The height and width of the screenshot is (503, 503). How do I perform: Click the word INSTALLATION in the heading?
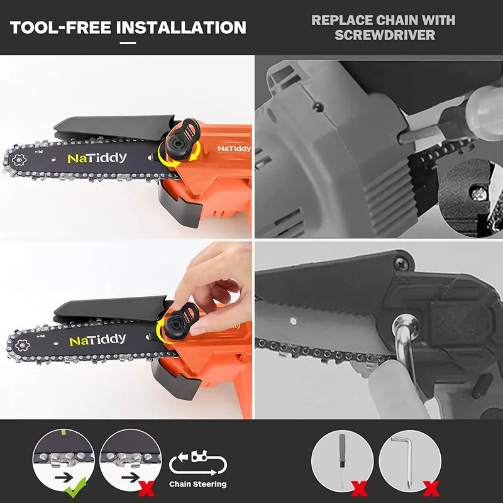(181, 28)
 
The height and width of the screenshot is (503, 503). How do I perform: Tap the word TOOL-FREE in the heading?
(60, 28)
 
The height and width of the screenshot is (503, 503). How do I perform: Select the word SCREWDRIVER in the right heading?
(385, 35)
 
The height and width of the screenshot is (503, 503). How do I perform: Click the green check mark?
(75, 487)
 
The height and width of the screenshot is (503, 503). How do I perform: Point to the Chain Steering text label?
(197, 484)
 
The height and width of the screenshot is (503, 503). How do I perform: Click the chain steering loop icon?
(198, 463)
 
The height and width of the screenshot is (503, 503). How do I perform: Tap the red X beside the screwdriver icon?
(359, 489)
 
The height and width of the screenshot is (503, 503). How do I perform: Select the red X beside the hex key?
(431, 489)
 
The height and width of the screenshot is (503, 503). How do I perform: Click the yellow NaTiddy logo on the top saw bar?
(97, 158)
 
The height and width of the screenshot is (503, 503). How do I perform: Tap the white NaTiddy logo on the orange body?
(234, 148)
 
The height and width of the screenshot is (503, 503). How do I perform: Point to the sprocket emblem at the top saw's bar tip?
(19, 160)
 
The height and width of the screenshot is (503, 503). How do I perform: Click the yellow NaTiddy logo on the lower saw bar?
(97, 340)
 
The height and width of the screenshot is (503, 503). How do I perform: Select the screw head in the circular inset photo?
(478, 194)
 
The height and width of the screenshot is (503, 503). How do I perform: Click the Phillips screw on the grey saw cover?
(401, 263)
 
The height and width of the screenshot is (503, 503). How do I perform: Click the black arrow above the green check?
(64, 478)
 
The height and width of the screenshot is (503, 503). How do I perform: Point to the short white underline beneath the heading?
(128, 43)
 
